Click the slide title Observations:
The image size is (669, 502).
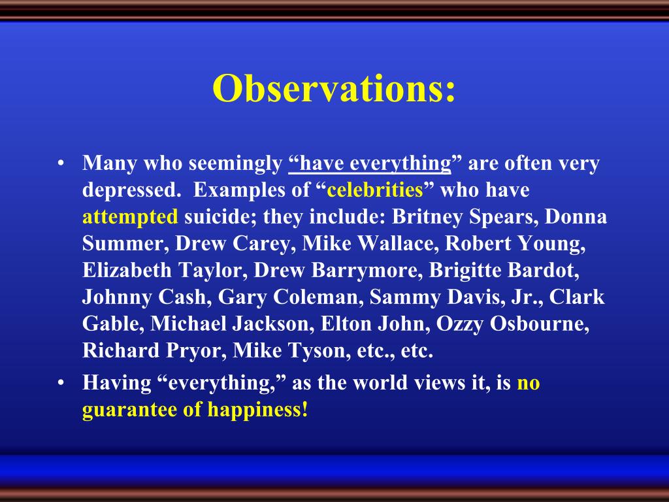(x=334, y=88)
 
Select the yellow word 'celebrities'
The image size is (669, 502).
(x=374, y=190)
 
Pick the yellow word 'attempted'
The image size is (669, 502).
(x=130, y=217)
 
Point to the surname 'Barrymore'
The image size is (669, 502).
(x=364, y=271)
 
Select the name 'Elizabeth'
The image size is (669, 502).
(x=127, y=270)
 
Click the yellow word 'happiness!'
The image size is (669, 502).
(x=257, y=410)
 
